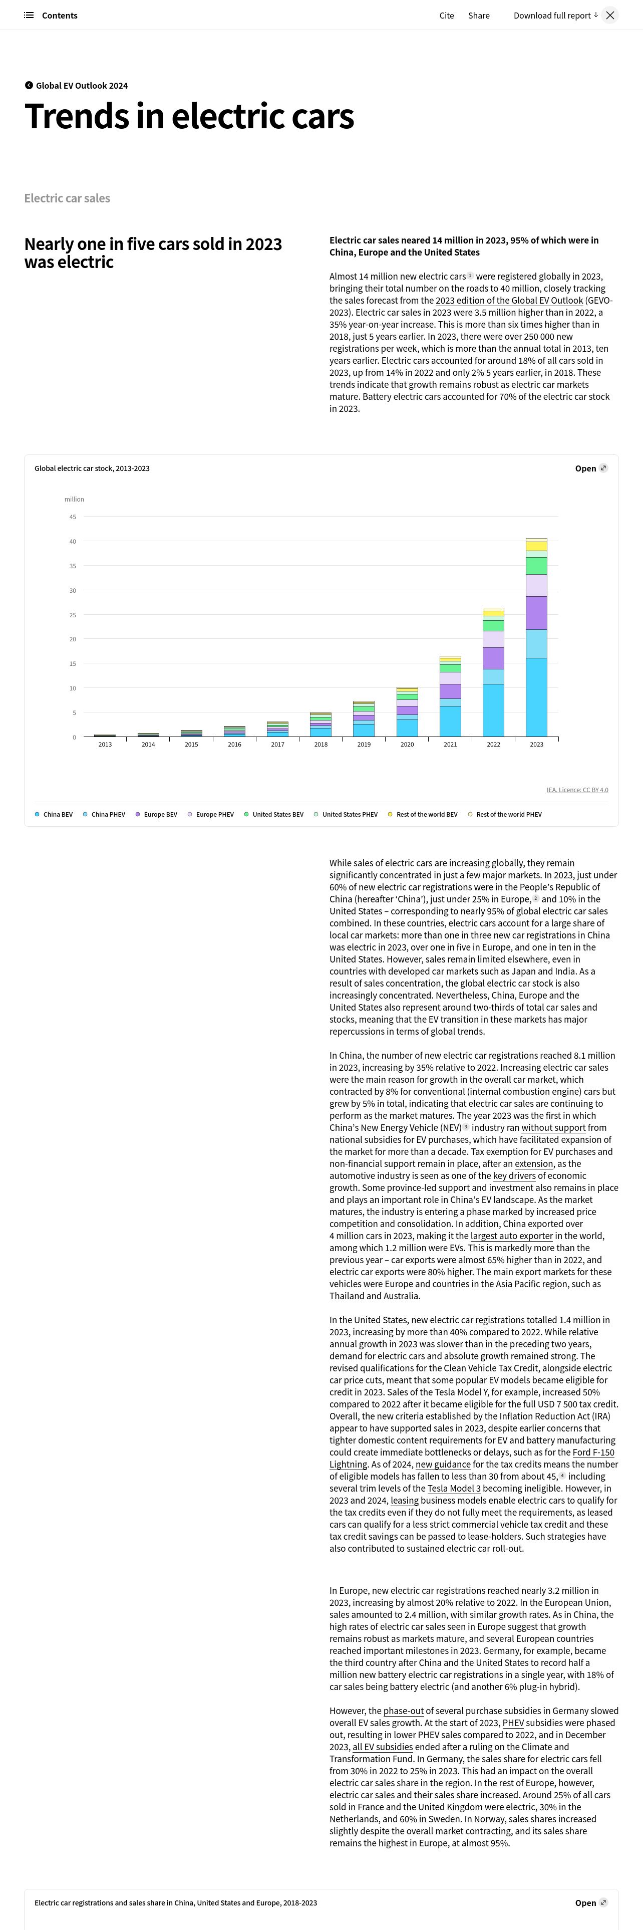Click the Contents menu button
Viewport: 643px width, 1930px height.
pyautogui.click(x=51, y=15)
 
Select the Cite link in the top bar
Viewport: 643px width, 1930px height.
pyautogui.click(x=446, y=15)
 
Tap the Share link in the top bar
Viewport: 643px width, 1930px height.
pyautogui.click(x=478, y=15)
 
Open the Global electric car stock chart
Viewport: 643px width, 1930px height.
pyautogui.click(x=590, y=468)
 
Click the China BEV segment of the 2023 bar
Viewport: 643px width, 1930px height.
pyautogui.click(x=536, y=697)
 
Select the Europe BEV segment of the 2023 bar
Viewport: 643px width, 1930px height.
pyautogui.click(x=536, y=613)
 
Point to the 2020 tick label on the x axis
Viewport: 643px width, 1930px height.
pyautogui.click(x=407, y=744)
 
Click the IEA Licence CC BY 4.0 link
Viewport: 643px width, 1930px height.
pyautogui.click(x=577, y=790)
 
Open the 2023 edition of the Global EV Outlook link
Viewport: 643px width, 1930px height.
pyautogui.click(x=509, y=301)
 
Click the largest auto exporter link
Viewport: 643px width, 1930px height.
pyautogui.click(x=511, y=1236)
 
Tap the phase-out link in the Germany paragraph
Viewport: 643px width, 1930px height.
pyautogui.click(x=404, y=1711)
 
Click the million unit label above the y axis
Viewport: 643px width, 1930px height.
pyautogui.click(x=74, y=499)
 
